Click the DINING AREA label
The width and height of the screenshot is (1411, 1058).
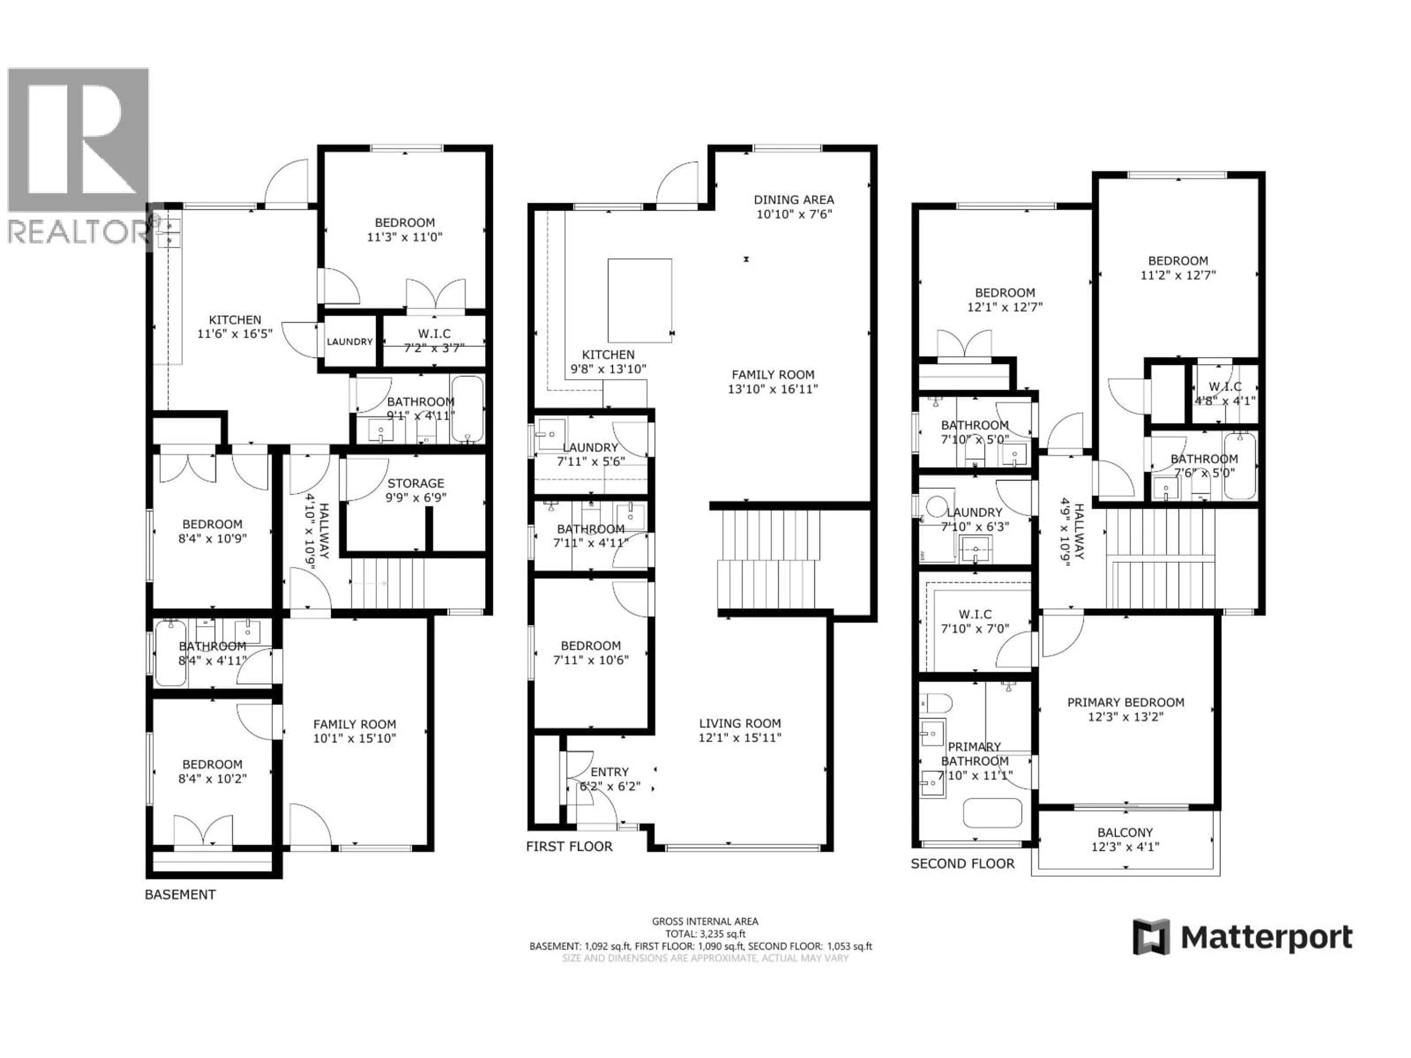794,199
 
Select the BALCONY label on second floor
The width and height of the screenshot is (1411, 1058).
1125,832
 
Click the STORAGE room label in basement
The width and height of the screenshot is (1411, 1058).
415,483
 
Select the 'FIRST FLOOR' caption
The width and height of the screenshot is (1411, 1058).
569,846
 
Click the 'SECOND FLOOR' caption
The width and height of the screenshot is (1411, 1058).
962,864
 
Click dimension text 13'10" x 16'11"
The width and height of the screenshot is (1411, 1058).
772,389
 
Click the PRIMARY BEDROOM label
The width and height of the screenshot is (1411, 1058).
1125,702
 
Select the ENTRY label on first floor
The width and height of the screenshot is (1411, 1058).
609,772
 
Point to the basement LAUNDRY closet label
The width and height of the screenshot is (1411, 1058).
349,342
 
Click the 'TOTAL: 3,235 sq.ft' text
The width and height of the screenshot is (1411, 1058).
705,933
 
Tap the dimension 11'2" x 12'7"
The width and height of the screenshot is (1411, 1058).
1178,276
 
